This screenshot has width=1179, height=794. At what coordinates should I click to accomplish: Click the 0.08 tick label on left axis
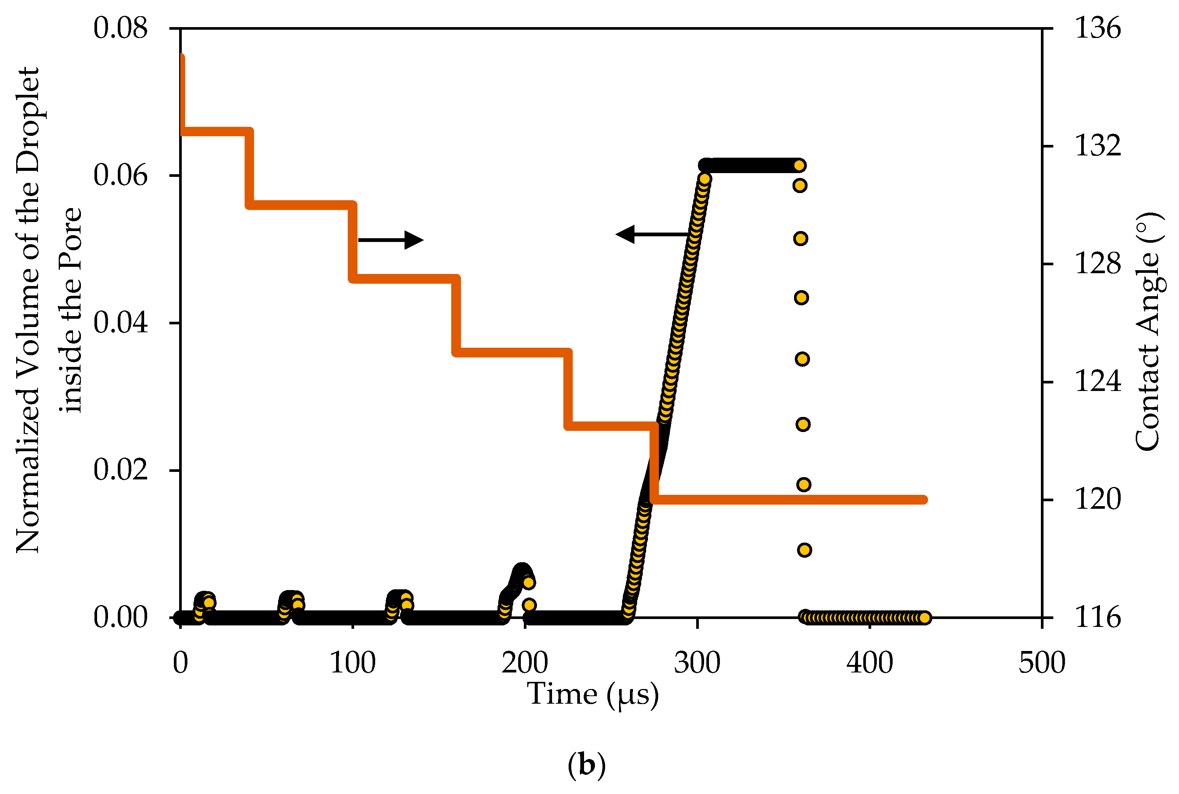(x=120, y=28)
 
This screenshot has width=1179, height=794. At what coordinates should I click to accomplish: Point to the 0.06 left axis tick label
(x=120, y=175)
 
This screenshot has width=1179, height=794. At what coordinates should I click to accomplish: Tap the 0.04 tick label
(x=120, y=323)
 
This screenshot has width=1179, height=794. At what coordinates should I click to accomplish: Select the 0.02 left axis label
(x=120, y=470)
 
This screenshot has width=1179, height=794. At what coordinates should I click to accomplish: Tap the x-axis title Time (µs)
(x=593, y=694)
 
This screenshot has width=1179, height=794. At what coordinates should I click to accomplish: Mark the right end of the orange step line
(x=924, y=500)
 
